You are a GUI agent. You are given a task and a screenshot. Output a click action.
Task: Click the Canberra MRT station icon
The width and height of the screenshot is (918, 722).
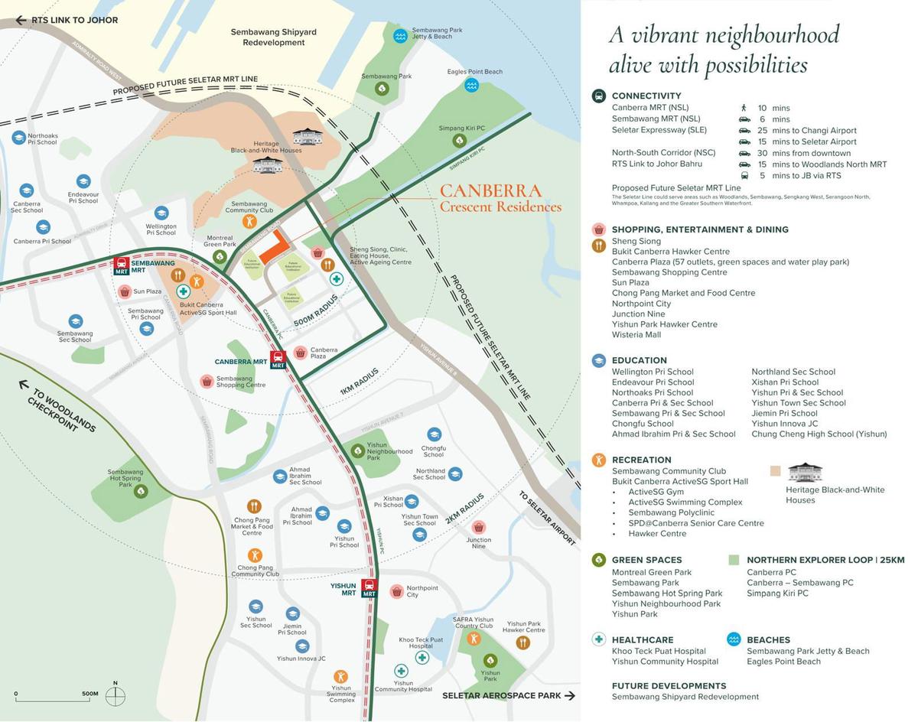click(x=278, y=359)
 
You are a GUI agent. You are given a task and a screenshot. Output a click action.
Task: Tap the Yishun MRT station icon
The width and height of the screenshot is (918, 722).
click(x=369, y=588)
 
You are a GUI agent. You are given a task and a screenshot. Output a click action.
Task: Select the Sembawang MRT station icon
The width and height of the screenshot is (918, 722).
click(x=121, y=265)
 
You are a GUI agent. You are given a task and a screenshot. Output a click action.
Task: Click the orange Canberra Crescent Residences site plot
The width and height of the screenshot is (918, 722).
click(x=274, y=246)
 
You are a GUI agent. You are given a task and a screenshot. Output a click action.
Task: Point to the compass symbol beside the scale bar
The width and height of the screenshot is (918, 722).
click(x=116, y=695)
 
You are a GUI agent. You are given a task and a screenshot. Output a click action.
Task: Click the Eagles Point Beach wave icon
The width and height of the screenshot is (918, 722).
click(x=471, y=85)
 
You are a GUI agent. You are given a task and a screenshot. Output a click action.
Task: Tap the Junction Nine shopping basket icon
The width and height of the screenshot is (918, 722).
click(x=479, y=527)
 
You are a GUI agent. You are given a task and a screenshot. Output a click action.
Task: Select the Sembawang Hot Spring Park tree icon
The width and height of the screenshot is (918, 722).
click(x=141, y=491)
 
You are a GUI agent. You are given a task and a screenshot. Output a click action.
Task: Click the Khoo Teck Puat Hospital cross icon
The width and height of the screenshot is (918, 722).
click(x=422, y=656)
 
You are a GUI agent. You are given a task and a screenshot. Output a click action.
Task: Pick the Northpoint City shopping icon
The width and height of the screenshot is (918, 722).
click(x=396, y=591)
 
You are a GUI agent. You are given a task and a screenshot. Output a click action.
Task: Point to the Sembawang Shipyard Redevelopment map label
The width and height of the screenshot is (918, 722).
click(x=273, y=37)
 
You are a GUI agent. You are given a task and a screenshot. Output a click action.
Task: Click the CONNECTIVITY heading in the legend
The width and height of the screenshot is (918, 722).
click(x=646, y=96)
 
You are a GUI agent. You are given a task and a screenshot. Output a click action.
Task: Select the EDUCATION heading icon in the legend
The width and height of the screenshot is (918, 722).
click(x=599, y=360)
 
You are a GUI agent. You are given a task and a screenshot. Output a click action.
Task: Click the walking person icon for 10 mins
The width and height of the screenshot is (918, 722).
click(x=744, y=108)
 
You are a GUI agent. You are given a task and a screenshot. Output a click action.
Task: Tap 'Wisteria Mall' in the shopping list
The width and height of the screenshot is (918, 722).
click(x=636, y=334)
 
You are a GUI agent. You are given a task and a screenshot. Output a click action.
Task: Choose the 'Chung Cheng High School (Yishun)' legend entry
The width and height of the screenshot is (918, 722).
click(x=819, y=434)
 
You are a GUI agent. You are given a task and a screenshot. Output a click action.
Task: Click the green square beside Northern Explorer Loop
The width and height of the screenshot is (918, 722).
click(x=734, y=560)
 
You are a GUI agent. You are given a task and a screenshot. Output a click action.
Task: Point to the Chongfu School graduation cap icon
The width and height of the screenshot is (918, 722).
click(x=434, y=434)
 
